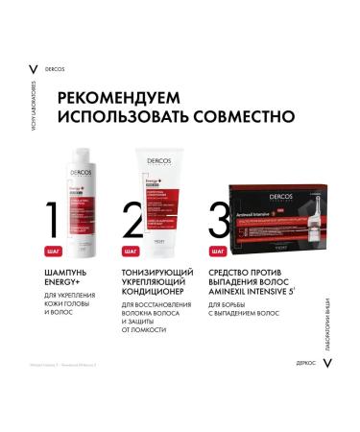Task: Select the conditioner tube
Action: pos(165,192)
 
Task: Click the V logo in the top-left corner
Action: pos(34,70)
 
